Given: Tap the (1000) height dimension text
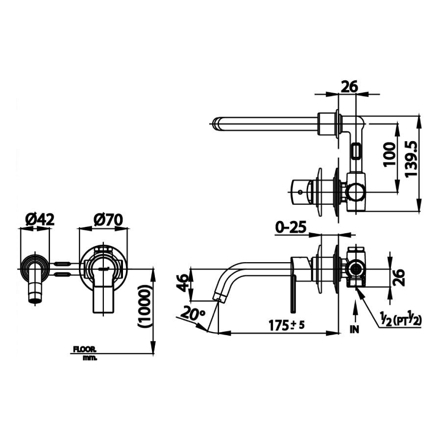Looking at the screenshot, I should (x=146, y=306).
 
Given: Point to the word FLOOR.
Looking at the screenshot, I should (x=85, y=349).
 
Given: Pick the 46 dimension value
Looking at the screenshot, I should (x=182, y=283).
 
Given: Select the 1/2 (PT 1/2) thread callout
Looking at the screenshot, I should (x=400, y=320).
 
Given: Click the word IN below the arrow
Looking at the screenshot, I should (x=354, y=329).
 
